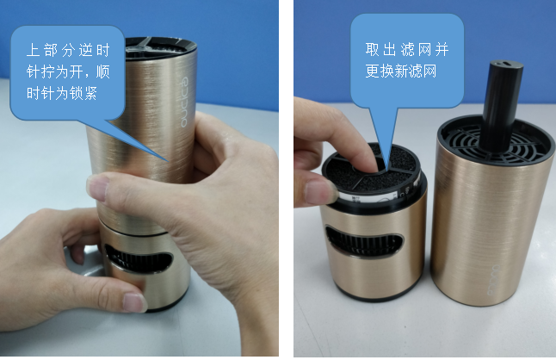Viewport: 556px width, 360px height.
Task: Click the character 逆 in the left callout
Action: (85, 50)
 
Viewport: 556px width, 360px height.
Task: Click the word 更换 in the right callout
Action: (380, 71)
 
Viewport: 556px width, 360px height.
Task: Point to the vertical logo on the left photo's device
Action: (185, 102)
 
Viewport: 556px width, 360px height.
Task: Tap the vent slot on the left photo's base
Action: (138, 259)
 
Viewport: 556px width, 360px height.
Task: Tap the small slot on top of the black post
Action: (506, 64)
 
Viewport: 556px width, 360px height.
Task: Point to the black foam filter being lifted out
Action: (372, 171)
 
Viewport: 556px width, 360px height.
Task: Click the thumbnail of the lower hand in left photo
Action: (133, 302)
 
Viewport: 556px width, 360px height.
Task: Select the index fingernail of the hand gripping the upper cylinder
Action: (98, 188)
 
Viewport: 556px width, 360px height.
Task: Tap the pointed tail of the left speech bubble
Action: (168, 160)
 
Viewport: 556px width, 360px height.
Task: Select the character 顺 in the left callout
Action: (102, 71)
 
